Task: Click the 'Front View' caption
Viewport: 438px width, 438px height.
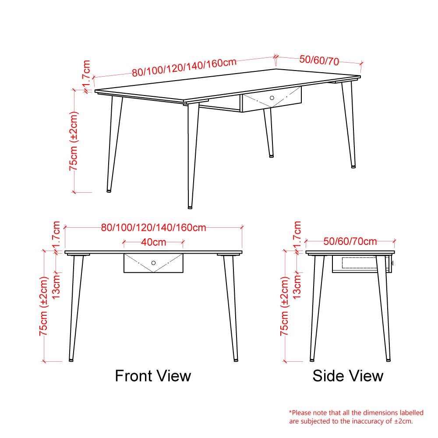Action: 153,376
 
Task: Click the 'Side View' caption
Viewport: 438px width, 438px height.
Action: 348,376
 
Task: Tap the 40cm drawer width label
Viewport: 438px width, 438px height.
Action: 153,242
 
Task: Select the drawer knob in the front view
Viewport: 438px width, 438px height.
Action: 153,263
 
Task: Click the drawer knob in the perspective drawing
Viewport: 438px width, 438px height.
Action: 272,98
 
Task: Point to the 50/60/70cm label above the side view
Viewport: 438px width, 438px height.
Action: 350,241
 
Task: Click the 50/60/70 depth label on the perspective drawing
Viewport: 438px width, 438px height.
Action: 319,60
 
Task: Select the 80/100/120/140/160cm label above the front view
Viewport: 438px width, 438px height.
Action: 153,228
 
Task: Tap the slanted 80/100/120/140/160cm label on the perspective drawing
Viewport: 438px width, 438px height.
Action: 184,67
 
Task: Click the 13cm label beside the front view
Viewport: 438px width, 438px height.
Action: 57,286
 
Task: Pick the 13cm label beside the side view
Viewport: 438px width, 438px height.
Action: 297,286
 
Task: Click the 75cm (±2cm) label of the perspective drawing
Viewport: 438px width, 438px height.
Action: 74,141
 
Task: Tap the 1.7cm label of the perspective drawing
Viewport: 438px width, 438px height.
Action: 86,73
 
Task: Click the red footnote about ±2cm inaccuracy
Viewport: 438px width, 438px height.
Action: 356,417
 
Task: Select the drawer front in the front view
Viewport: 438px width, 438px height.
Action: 153,263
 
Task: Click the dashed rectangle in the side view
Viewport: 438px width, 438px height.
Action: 360,262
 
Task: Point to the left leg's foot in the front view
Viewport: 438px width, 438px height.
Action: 71,360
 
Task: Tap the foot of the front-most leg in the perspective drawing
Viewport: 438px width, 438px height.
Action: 190,208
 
